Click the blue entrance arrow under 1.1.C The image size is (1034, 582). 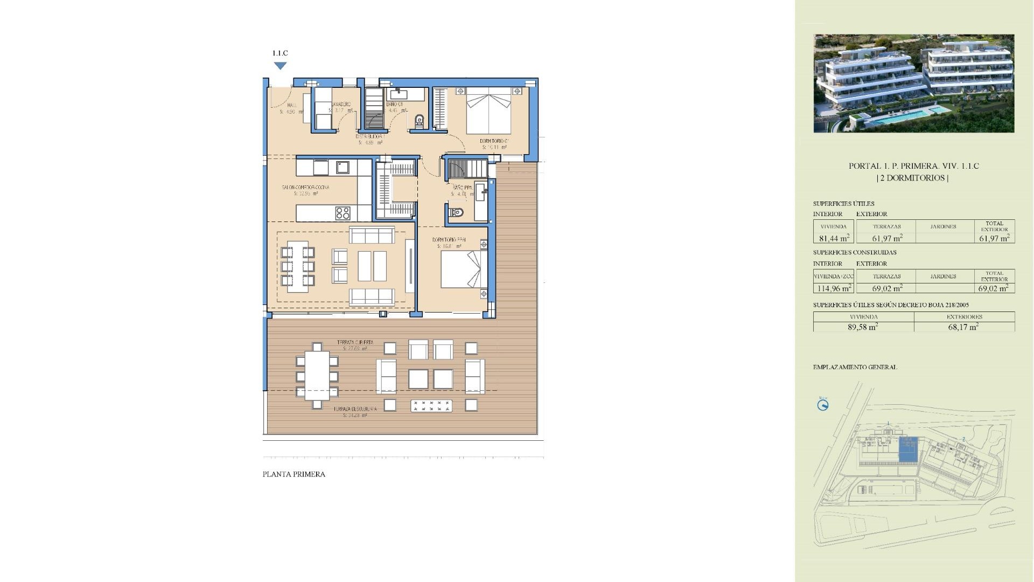click(280, 66)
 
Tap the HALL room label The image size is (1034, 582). click(291, 105)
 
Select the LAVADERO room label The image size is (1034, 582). click(341, 105)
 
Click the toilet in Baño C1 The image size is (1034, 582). click(420, 122)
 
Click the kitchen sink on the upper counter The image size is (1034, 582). click(343, 167)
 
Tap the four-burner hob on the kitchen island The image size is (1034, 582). click(343, 213)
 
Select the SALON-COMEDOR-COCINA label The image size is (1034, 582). click(305, 188)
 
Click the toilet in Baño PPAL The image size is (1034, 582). click(456, 212)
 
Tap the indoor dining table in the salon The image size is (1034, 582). click(297, 266)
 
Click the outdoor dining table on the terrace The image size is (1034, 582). click(317, 376)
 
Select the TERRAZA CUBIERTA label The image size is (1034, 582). click(355, 343)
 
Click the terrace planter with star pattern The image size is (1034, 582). click(431, 406)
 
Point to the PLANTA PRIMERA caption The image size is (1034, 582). click(294, 474)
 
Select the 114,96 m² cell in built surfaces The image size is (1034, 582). click(834, 288)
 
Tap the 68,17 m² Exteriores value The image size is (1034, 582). click(963, 327)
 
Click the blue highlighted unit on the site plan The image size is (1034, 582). click(909, 449)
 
